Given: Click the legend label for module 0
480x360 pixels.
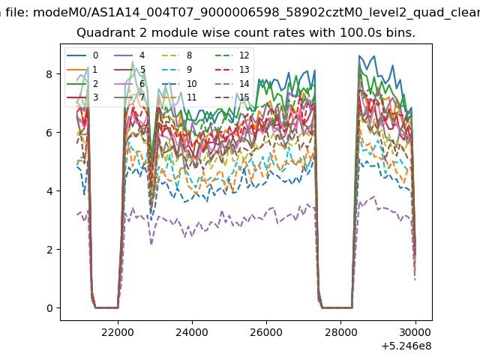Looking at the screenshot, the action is click(95, 55).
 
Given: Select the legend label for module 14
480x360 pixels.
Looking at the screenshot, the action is click(244, 83).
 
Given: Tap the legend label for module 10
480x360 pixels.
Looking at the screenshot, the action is click(192, 83).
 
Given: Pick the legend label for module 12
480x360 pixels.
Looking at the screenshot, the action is click(244, 55).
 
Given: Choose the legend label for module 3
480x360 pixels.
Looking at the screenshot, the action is click(95, 97).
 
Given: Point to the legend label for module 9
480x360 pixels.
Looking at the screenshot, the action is click(189, 70).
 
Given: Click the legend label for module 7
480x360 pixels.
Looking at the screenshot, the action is click(142, 97).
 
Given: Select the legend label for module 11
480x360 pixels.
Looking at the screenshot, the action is click(192, 97).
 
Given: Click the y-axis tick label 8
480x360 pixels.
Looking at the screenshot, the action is click(49, 74).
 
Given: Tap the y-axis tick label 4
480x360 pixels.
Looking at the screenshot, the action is click(49, 191).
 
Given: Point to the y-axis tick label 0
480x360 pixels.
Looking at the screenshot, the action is click(49, 308).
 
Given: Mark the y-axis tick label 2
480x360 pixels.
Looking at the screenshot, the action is click(49, 250).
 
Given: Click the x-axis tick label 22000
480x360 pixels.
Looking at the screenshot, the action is click(118, 332).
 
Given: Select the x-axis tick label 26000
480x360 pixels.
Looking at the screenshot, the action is click(266, 332).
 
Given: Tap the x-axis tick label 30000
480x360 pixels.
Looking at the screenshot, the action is click(415, 332).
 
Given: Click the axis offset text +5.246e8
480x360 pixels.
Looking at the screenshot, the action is click(406, 346).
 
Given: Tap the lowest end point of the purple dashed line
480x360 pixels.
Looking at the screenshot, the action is click(415, 280).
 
